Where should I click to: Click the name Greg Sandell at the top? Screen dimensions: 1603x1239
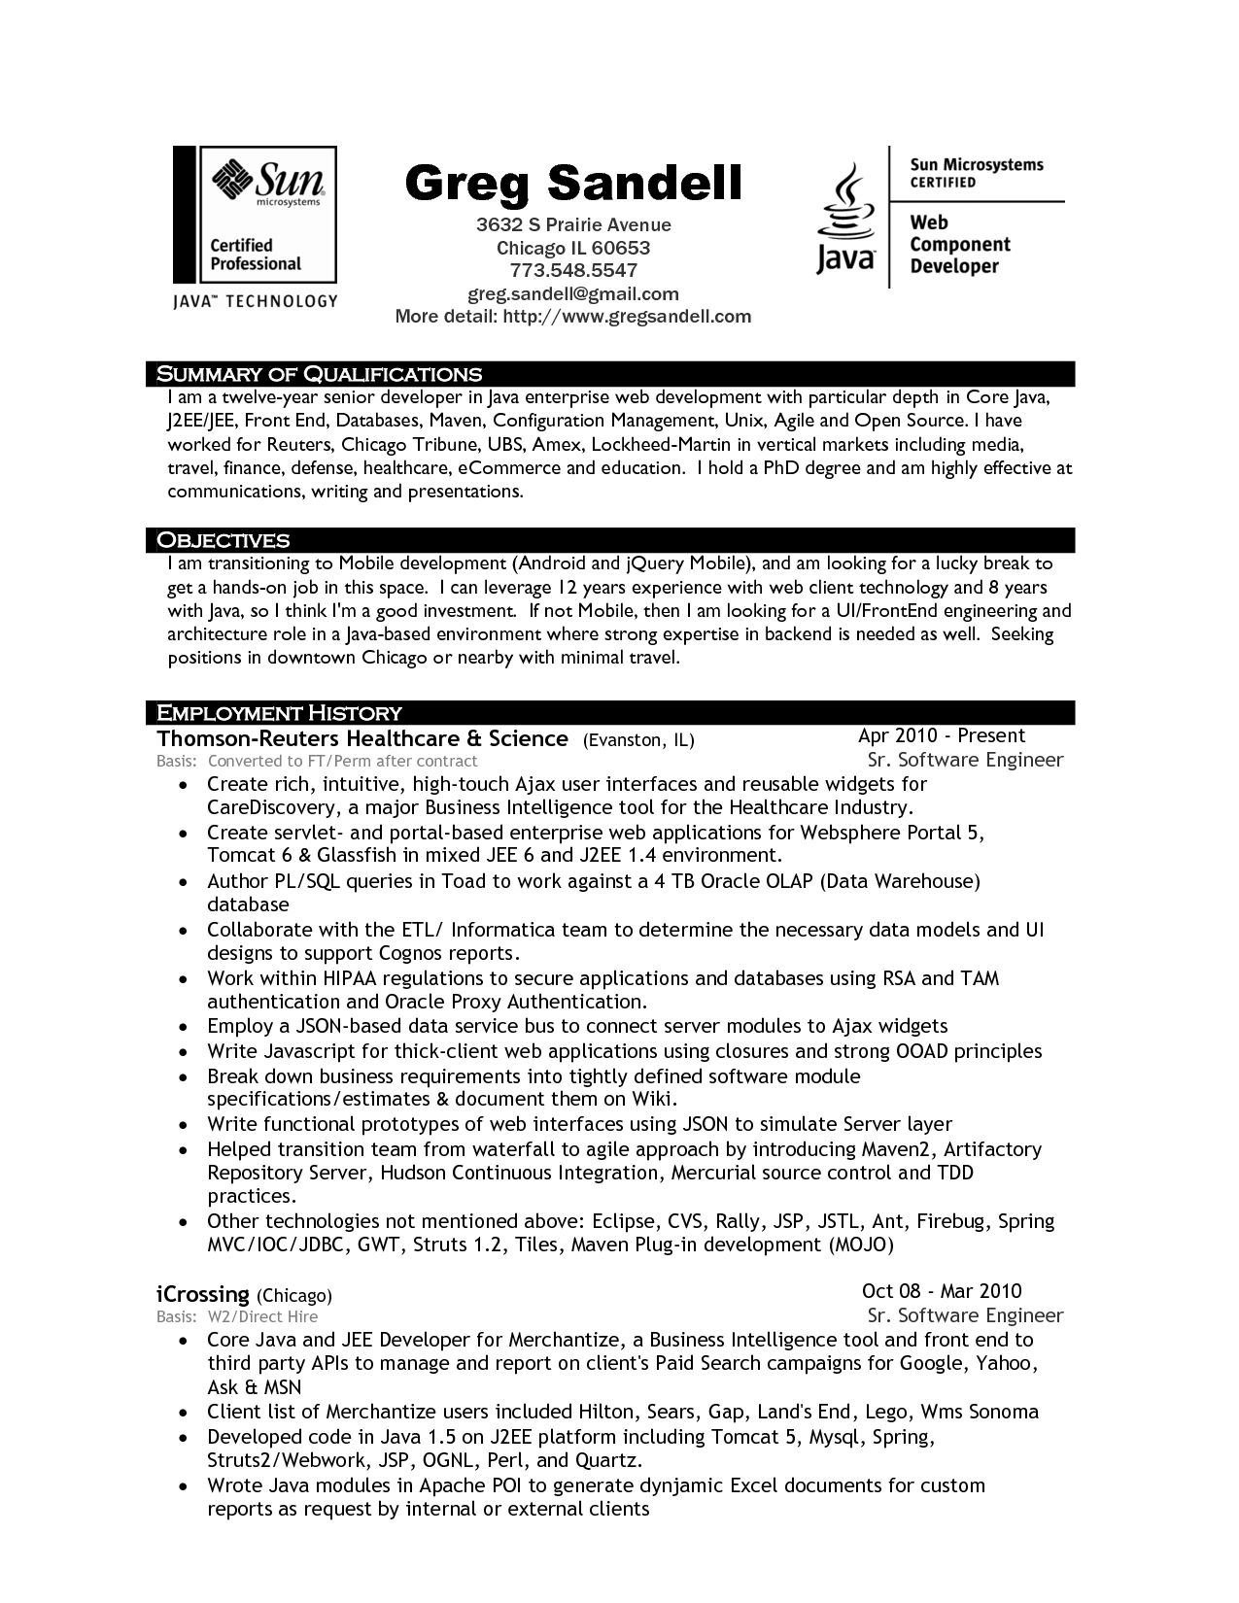click(x=572, y=182)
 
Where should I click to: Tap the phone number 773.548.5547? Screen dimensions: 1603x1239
click(x=573, y=270)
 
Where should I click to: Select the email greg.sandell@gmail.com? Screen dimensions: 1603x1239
click(x=573, y=293)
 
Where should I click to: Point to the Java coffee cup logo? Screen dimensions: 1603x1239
click(x=845, y=219)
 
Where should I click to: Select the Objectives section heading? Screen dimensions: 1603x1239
click(x=224, y=540)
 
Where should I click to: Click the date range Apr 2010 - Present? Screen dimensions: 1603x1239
click(x=942, y=736)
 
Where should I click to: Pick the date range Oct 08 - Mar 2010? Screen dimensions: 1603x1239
click(x=942, y=1291)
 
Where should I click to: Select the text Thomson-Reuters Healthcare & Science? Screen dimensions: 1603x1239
click(x=362, y=739)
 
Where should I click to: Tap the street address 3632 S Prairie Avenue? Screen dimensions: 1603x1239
click(x=573, y=225)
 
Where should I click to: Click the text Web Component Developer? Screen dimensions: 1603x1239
click(x=960, y=245)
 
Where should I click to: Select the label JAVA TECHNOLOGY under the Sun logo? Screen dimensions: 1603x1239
click(x=255, y=301)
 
